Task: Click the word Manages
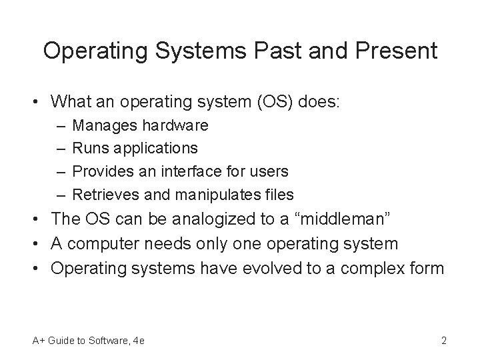click(102, 125)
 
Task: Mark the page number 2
click(443, 341)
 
